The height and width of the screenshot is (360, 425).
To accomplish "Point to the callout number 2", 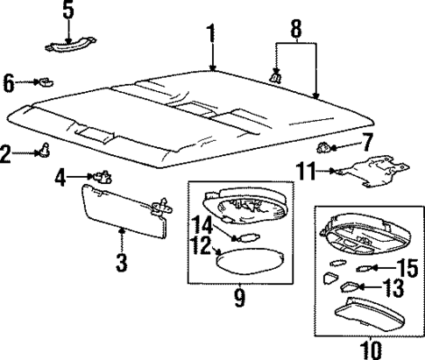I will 7,155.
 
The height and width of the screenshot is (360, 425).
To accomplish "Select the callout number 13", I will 394,286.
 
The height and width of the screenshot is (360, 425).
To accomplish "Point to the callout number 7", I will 367,140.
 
